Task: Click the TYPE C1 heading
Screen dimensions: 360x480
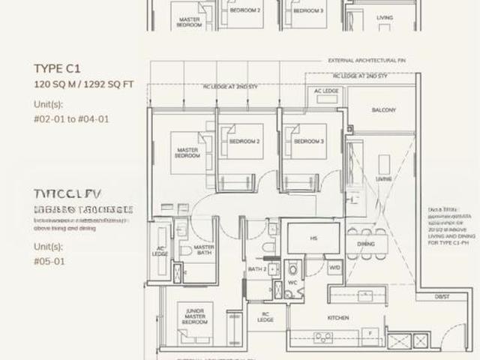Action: [x=56, y=67]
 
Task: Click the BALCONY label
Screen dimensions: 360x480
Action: [x=383, y=110]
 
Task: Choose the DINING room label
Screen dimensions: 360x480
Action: [x=365, y=244]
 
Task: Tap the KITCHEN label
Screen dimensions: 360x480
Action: [x=338, y=318]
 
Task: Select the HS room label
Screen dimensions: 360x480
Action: [x=313, y=238]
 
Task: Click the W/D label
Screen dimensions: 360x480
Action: [x=334, y=268]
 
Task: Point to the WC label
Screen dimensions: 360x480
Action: [x=293, y=283]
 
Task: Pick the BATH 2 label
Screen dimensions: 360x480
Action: [x=257, y=269]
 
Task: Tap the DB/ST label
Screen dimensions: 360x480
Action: [x=442, y=297]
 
